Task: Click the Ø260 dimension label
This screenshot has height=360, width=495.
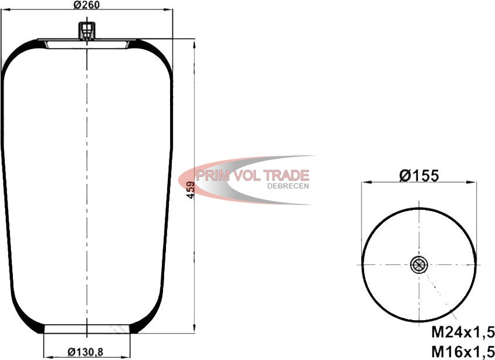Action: pos(86,5)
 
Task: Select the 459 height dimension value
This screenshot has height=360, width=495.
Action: pos(191,189)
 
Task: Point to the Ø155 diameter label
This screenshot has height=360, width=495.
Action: pos(419,175)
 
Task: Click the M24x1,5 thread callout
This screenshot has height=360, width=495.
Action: pos(463,332)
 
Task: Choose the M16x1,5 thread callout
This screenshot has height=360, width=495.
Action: pos(463,351)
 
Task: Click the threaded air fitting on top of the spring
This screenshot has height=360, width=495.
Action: pos(86,30)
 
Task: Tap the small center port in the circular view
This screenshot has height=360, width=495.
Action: pos(419,264)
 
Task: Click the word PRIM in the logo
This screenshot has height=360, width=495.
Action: pos(212,175)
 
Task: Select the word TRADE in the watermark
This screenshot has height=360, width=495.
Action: pos(286,175)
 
